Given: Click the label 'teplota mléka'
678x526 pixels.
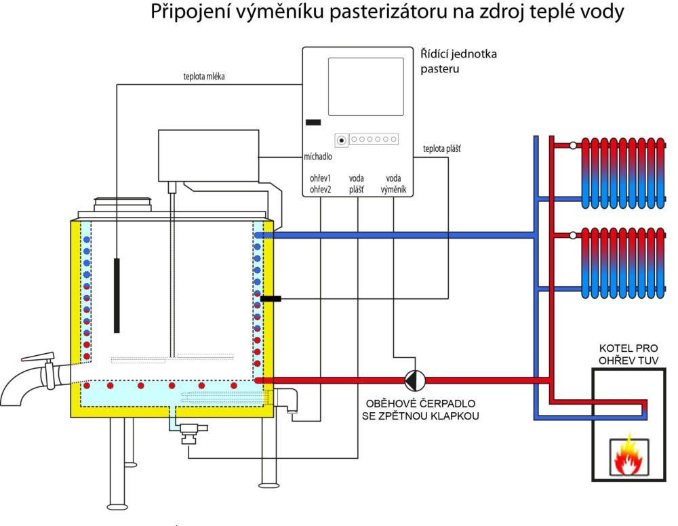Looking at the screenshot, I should click(203, 77).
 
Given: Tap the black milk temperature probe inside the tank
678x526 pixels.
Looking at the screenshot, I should click(117, 295).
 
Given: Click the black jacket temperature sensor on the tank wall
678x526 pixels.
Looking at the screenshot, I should click(270, 298).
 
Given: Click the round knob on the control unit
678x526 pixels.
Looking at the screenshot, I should click(341, 140).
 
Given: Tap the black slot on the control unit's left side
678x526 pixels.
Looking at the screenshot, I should click(313, 123).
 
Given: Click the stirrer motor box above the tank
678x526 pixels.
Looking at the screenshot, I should click(208, 155).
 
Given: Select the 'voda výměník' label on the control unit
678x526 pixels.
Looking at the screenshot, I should click(395, 184).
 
